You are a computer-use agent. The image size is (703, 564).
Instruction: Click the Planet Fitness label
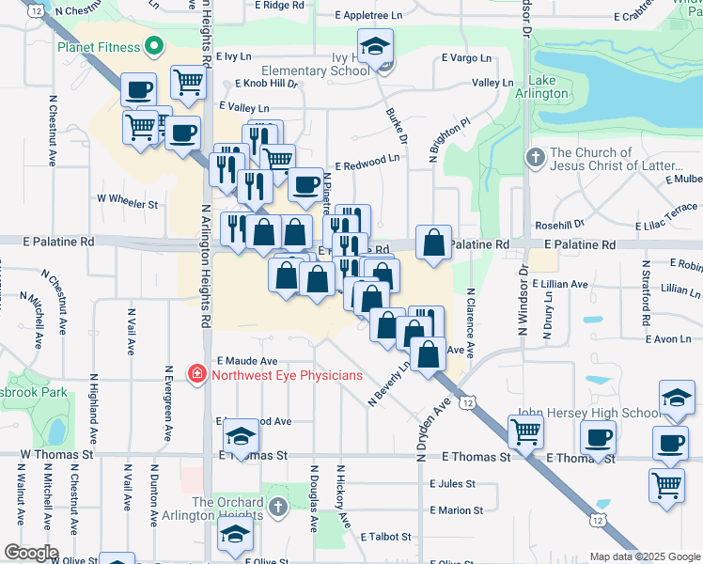click(x=97, y=46)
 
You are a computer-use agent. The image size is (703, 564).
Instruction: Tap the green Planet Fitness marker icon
click(x=152, y=46)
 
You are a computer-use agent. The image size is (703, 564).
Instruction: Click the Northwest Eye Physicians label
click(x=287, y=375)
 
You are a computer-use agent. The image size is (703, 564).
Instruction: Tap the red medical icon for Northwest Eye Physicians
click(x=197, y=375)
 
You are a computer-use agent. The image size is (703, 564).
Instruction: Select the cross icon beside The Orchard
click(x=277, y=508)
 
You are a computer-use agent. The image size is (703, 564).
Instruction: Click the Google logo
click(x=31, y=553)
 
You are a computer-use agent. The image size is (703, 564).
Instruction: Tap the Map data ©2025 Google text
click(x=644, y=556)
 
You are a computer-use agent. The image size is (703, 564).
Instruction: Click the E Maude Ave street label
click(x=247, y=360)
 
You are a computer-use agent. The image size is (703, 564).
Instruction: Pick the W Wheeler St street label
click(x=128, y=201)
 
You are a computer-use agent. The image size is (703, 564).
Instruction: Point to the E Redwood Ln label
click(x=366, y=162)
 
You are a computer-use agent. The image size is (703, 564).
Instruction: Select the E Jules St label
click(x=452, y=484)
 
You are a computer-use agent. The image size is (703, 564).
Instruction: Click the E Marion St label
click(x=456, y=510)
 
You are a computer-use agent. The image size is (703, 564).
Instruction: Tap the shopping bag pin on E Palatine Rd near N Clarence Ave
click(x=433, y=243)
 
